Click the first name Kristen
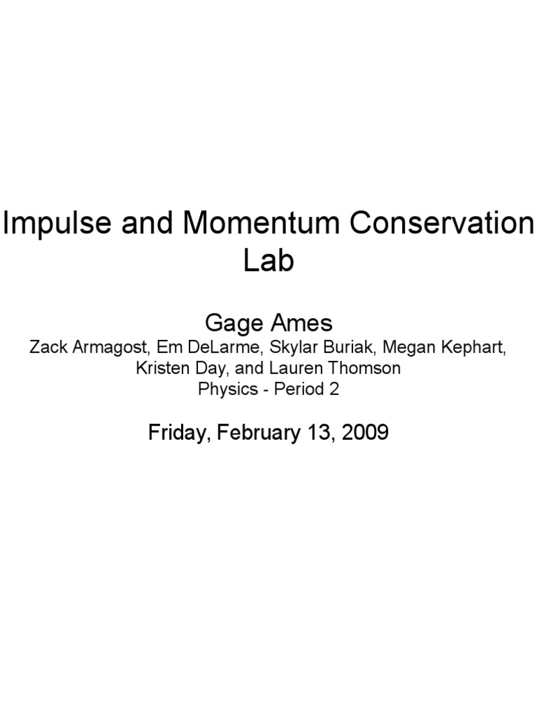point(159,369)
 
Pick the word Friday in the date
point(171,433)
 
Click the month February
point(248,433)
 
